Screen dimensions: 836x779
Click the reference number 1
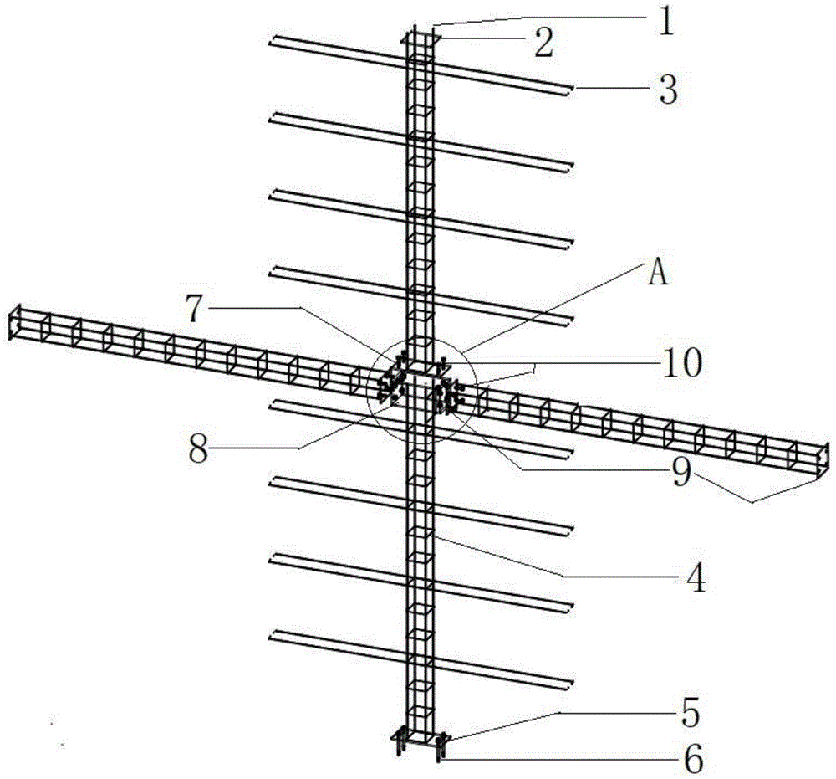(665, 20)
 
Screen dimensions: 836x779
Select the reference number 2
(543, 44)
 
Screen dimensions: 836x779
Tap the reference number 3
(668, 90)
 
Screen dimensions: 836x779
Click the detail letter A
(659, 274)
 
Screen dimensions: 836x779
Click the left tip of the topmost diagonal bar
(271, 38)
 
